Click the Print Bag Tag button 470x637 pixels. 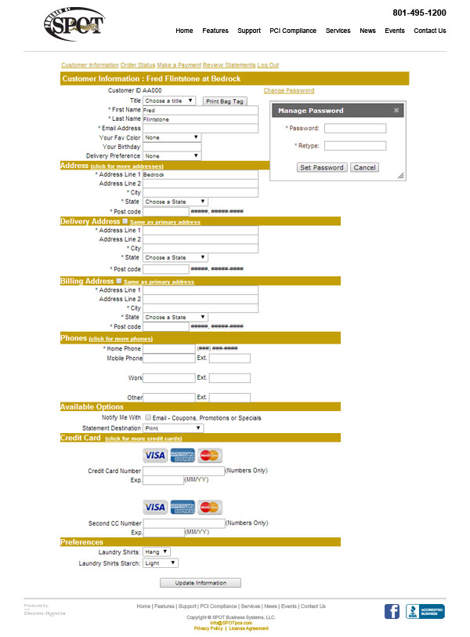225,101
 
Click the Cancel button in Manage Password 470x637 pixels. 364,167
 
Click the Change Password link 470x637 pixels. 288,91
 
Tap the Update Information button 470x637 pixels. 201,583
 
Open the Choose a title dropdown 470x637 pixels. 168,101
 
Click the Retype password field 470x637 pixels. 355,146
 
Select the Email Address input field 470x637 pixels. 201,128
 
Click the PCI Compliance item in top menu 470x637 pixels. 293,31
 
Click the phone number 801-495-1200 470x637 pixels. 419,13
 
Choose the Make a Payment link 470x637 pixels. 179,65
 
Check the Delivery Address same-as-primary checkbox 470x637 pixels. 125,222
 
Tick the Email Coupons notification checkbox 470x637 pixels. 148,418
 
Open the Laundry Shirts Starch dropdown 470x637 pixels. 161,563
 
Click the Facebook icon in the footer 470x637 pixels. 392,611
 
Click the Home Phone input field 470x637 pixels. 168,348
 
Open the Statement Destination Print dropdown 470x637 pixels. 172,428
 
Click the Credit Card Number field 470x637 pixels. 183,471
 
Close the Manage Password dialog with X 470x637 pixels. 396,111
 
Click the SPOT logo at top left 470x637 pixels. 73,26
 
